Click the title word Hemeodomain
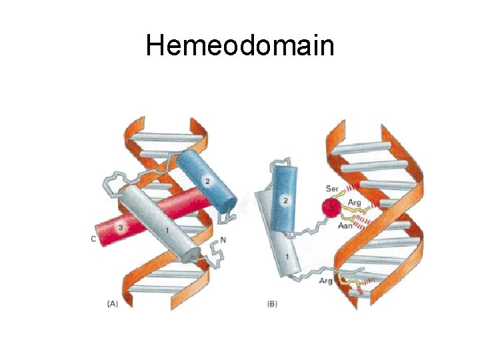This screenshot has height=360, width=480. tap(240, 45)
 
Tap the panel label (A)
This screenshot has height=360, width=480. tap(113, 303)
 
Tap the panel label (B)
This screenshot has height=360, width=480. tap(272, 303)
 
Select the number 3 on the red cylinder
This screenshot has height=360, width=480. tap(121, 227)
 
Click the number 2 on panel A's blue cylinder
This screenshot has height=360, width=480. tap(207, 181)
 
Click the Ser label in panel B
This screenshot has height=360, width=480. tap(331, 188)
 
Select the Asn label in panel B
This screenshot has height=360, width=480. tap(345, 226)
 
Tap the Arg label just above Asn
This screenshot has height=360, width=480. tap(354, 201)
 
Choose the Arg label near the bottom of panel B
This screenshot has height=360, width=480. tap(326, 281)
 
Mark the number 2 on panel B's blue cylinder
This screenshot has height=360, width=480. tap(285, 200)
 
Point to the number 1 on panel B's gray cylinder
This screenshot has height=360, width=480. tap(287, 257)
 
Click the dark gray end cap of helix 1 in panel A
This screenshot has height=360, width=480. tap(193, 255)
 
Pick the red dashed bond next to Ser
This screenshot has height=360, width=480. tap(351, 186)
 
